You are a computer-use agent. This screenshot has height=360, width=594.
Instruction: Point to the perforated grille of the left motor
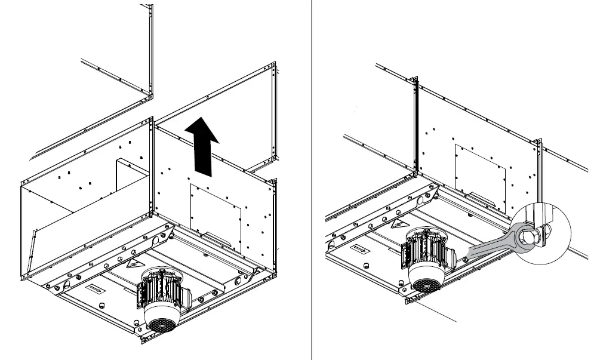click(x=159, y=324)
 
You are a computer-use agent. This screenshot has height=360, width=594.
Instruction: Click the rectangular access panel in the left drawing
click(x=216, y=214)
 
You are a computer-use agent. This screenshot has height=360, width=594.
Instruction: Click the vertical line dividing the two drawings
click(x=311, y=179)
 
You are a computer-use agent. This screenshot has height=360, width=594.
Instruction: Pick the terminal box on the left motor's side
click(x=141, y=295)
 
